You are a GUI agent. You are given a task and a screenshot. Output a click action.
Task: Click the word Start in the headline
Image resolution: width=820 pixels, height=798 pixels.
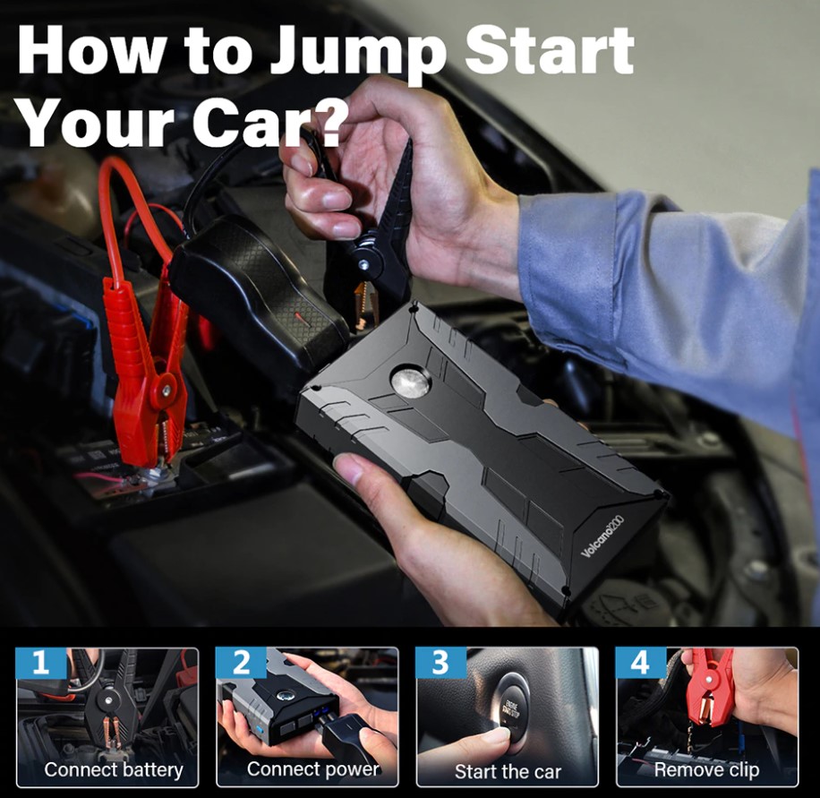pyautogui.click(x=549, y=51)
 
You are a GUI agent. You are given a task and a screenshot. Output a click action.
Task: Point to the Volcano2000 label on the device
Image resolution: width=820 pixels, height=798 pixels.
pyautogui.click(x=602, y=536)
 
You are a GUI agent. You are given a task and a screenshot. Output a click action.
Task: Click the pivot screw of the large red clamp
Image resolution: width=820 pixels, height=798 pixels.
pyautogui.click(x=167, y=389)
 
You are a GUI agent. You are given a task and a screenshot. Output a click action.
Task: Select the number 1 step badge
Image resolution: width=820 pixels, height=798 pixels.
pyautogui.click(x=41, y=663)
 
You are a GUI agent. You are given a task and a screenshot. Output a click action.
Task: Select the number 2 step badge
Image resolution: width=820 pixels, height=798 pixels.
pyautogui.click(x=241, y=663)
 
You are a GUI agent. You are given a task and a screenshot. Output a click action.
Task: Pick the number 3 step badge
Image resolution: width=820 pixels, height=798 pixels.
pyautogui.click(x=440, y=663)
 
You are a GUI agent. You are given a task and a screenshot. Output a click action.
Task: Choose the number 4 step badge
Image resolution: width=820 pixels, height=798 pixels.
pyautogui.click(x=641, y=663)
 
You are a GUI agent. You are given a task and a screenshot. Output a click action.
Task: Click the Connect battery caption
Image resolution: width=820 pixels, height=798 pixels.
pyautogui.click(x=114, y=769)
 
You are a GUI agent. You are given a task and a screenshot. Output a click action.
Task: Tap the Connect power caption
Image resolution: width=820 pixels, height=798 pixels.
pyautogui.click(x=312, y=768)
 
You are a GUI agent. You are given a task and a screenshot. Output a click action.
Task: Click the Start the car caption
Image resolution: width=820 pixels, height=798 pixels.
pyautogui.click(x=508, y=771)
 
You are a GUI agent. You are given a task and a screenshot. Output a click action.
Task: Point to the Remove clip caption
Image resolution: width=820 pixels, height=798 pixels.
pyautogui.click(x=706, y=769)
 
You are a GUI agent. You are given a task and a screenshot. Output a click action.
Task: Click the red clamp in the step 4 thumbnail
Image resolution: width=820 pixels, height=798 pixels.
pyautogui.click(x=709, y=685)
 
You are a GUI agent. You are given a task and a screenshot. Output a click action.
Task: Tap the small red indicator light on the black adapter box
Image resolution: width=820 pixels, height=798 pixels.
pyautogui.click(x=299, y=316)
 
